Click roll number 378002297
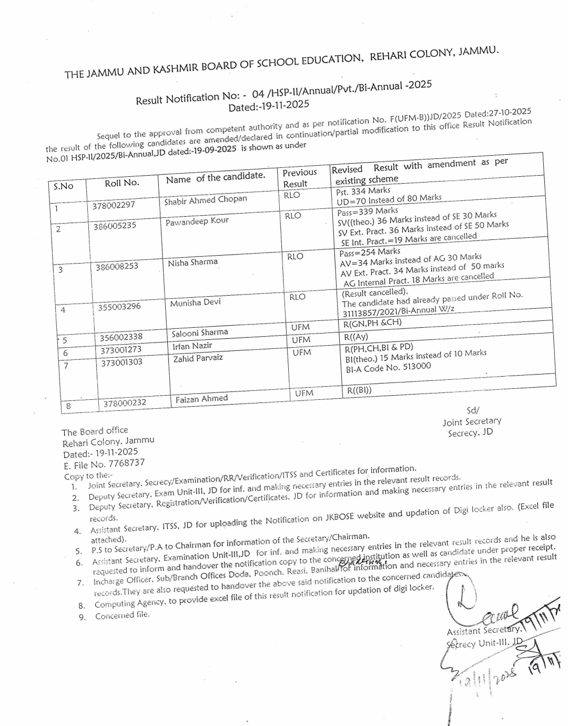tap(114, 205)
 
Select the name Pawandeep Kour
tap(197, 221)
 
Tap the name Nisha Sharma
tap(192, 263)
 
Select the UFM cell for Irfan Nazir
tap(301, 340)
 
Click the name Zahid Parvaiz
tap(198, 358)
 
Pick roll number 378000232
tap(125, 404)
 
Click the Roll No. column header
tap(121, 183)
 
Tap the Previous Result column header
tap(299, 178)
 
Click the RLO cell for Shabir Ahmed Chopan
tap(292, 195)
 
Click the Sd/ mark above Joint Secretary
tap(473, 410)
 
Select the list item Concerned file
tap(122, 615)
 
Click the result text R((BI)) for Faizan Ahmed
tap(359, 390)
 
